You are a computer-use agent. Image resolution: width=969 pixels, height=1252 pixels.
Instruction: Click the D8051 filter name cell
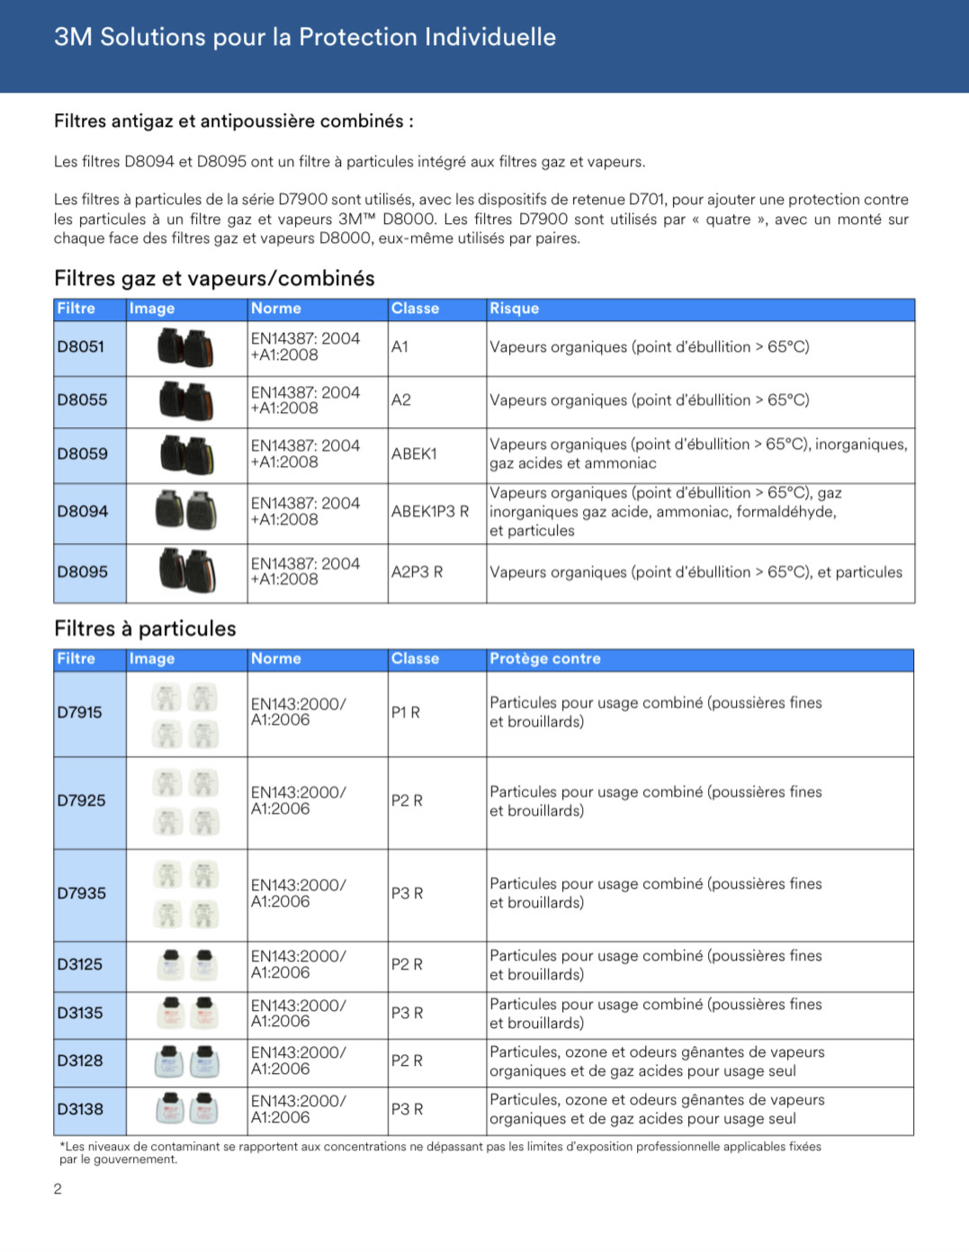81,347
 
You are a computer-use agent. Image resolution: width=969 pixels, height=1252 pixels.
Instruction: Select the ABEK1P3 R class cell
430,512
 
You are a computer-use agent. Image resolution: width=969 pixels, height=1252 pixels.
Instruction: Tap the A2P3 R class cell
417,572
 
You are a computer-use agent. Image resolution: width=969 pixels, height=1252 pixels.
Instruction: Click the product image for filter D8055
186,400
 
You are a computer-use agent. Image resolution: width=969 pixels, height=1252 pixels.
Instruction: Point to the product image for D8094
186,511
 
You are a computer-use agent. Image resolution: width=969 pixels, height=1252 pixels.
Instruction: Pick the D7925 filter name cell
82,800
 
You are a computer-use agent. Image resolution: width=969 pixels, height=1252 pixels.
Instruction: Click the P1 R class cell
406,712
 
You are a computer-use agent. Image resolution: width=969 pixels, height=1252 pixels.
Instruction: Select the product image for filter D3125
187,964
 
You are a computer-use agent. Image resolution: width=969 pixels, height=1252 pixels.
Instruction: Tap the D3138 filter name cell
80,1109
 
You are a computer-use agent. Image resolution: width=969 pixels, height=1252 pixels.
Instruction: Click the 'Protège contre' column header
545,658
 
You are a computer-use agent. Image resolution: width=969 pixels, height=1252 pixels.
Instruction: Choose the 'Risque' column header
515,309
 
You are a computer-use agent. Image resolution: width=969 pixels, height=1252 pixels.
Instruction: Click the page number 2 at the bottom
58,1189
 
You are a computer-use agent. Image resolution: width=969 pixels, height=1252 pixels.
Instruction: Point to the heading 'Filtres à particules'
145,629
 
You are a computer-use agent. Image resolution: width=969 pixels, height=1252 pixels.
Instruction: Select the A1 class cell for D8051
400,347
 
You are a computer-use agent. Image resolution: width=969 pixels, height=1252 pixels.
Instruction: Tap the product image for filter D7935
186,893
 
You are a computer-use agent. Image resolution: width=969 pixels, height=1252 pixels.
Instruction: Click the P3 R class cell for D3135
407,1013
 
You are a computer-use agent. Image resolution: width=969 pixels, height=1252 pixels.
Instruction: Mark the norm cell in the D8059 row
305,453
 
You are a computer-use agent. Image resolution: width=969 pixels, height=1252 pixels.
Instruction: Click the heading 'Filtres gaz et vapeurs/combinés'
214,279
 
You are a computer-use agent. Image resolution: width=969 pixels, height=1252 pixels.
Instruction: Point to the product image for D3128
187,1060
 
